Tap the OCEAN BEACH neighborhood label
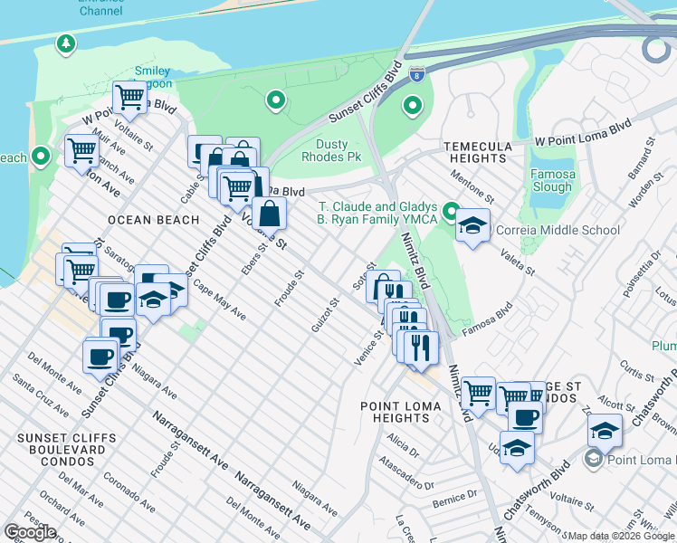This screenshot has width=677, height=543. pos(152,220)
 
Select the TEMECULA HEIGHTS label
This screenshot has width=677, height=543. pos(477,152)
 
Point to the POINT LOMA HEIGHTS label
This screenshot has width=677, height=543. pos(401,413)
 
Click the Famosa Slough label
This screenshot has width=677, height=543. pos(552,180)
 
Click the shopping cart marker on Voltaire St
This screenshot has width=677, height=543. pos(129,96)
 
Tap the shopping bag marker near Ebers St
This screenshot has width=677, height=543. pos(270,214)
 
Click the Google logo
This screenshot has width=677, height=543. pos(30,532)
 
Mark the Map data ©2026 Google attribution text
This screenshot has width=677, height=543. pos(620,536)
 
